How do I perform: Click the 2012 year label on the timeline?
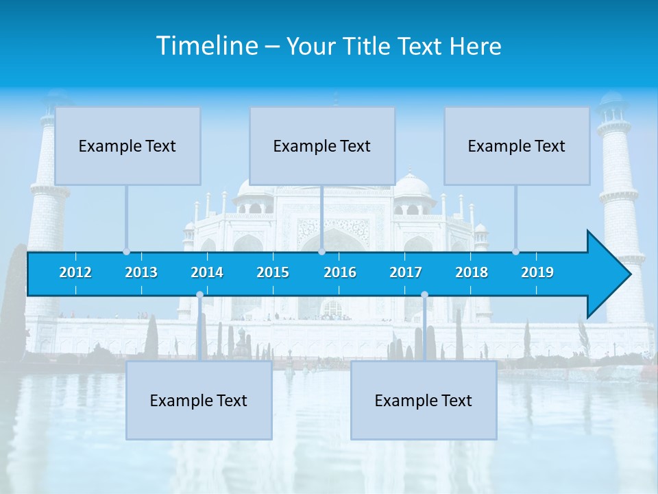pyautogui.click(x=75, y=272)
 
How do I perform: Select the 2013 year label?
pyautogui.click(x=141, y=272)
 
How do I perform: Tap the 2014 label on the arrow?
pyautogui.click(x=207, y=272)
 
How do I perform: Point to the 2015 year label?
pyautogui.click(x=273, y=272)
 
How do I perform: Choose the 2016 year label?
pyautogui.click(x=340, y=272)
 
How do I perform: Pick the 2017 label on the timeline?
pyautogui.click(x=406, y=272)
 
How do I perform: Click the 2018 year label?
pyautogui.click(x=472, y=272)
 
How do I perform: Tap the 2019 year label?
pyautogui.click(x=537, y=272)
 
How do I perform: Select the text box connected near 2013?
pyautogui.click(x=127, y=145)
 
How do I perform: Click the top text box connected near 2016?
pyautogui.click(x=322, y=145)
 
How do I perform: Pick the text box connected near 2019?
pyautogui.click(x=517, y=145)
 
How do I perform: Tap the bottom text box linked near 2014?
pyautogui.click(x=199, y=401)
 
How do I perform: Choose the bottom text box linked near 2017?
pyautogui.click(x=424, y=401)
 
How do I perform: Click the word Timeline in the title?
pyautogui.click(x=206, y=46)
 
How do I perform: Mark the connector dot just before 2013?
pyautogui.click(x=126, y=252)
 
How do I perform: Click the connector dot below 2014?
pyautogui.click(x=199, y=295)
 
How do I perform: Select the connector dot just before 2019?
pyautogui.click(x=515, y=252)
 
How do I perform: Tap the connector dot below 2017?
pyautogui.click(x=424, y=295)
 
